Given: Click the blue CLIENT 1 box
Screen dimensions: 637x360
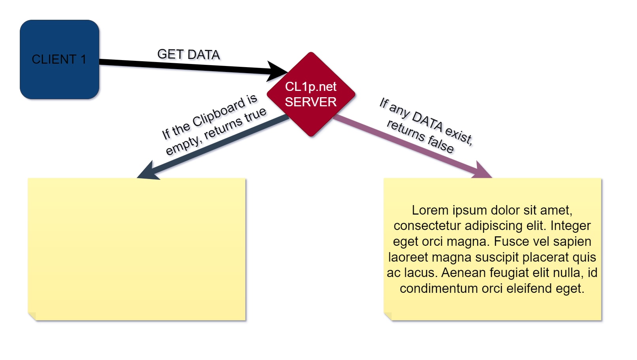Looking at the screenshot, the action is click(x=59, y=59).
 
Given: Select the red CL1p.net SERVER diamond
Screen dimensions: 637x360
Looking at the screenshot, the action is click(x=311, y=94).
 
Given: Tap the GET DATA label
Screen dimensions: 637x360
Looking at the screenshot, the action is click(x=189, y=54).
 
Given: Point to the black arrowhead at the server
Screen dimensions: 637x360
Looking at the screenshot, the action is click(x=277, y=71).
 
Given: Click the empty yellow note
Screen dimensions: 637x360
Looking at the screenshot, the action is click(x=136, y=249).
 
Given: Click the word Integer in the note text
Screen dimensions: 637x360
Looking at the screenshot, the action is click(x=571, y=226).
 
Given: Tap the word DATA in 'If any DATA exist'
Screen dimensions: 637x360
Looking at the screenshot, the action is click(x=427, y=121).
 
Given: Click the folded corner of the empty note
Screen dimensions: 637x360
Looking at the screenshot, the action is click(x=32, y=316).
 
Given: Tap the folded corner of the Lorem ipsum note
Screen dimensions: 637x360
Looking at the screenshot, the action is click(x=388, y=316).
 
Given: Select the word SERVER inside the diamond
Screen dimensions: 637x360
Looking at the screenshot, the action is click(x=311, y=102).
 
